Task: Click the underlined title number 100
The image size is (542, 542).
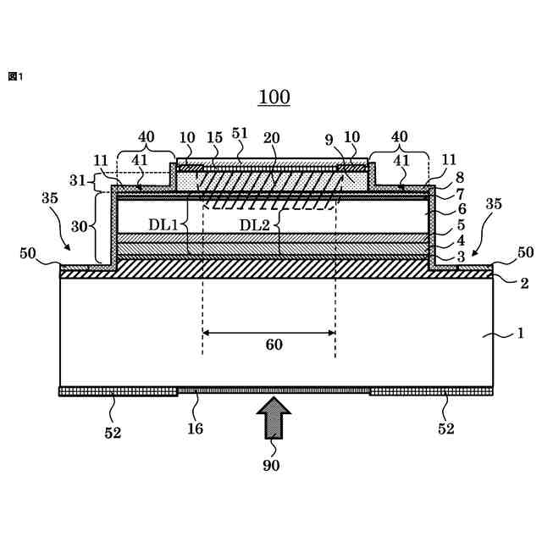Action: coord(274,97)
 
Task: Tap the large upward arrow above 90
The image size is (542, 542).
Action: coord(273,417)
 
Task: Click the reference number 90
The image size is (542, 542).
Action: coord(271,464)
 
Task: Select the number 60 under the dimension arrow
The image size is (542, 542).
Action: coord(274,345)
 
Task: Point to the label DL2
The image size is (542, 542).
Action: coord(254,224)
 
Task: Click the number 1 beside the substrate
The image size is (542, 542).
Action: coord(520,334)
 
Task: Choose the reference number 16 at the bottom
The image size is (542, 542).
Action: coord(195,429)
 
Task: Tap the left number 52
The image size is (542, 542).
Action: coord(113,433)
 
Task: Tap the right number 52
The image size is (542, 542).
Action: coord(445,429)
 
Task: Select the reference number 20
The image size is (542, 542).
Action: coord(271,137)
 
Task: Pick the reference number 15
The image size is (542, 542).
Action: coord(214,137)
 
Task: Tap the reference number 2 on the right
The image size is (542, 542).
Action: coord(524,284)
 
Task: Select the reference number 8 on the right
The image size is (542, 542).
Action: coord(460,179)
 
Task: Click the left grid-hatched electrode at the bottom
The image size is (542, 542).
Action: coord(118,391)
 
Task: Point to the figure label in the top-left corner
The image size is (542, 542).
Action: coord(14,76)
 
